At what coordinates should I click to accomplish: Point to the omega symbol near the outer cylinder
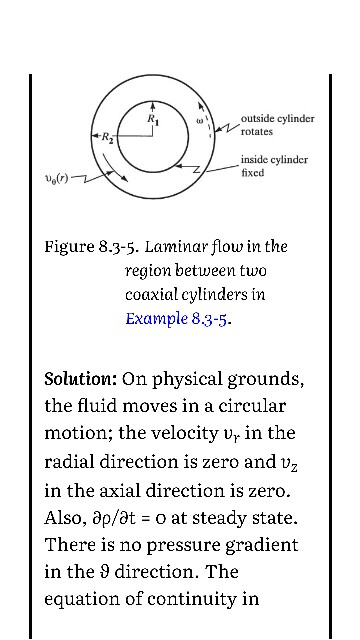click(x=200, y=120)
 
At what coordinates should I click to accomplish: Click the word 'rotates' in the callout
click(x=257, y=131)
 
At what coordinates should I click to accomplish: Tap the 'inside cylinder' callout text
click(x=274, y=160)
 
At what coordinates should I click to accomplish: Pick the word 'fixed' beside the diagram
click(x=252, y=173)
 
